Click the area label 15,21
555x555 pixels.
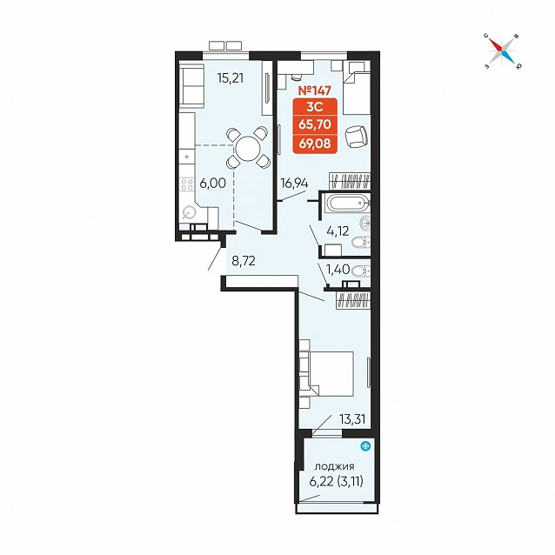(x=231, y=77)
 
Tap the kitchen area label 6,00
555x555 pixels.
(x=212, y=183)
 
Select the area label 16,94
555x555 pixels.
(x=294, y=184)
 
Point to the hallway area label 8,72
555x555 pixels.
(x=244, y=261)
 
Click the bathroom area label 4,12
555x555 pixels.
(x=338, y=231)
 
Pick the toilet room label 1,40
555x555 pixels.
(x=338, y=270)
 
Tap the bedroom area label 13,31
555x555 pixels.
(x=352, y=419)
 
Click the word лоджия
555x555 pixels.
(x=335, y=466)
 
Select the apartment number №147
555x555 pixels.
(x=315, y=90)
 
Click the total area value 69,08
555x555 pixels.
(x=315, y=144)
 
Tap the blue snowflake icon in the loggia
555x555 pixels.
(x=365, y=445)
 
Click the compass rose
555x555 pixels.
(x=502, y=51)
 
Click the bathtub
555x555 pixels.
(x=348, y=204)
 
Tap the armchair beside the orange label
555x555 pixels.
(x=356, y=137)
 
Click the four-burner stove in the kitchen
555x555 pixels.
(x=187, y=184)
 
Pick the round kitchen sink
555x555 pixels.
(x=188, y=213)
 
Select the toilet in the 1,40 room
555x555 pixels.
(x=361, y=271)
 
